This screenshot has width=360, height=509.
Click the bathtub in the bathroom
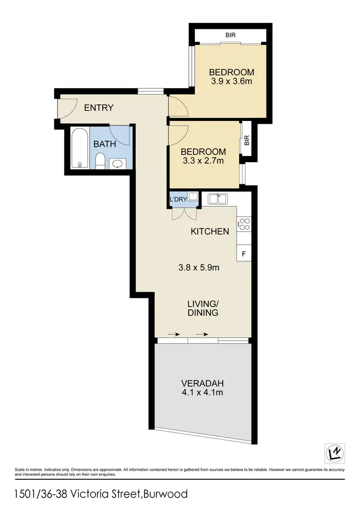click(x=80, y=148)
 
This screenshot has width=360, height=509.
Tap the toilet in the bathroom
click(x=100, y=161)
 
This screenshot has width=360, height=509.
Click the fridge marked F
click(x=244, y=253)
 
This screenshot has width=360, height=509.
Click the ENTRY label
click(x=98, y=107)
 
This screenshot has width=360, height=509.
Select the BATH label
click(x=104, y=143)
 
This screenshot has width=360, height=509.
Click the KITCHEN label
click(x=210, y=231)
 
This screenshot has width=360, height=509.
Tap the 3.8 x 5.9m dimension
click(x=199, y=268)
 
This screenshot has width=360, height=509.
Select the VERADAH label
click(x=203, y=383)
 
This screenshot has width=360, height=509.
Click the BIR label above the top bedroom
click(x=231, y=35)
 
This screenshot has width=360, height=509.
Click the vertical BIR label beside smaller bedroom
click(x=247, y=140)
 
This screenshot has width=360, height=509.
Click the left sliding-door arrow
click(x=171, y=334)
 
